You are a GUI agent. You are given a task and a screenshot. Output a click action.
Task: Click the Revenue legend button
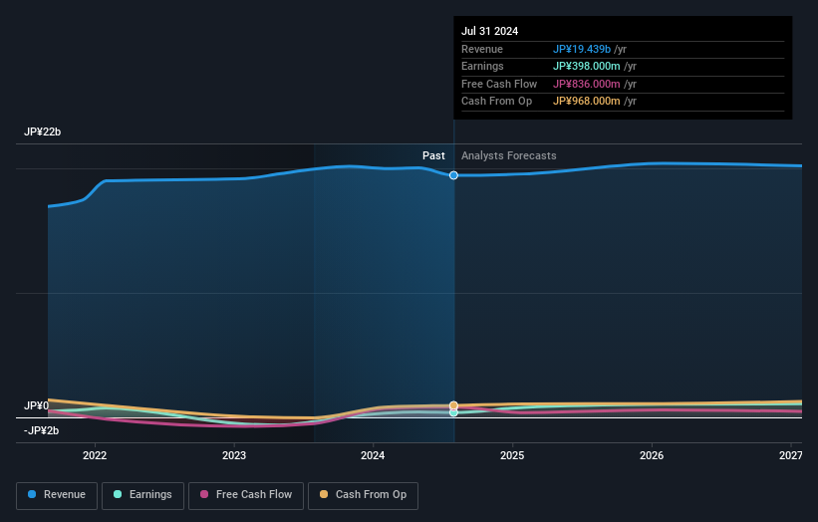57,495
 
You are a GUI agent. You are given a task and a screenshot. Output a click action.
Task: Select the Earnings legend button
142,495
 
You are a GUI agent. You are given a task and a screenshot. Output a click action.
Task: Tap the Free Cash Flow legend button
245,495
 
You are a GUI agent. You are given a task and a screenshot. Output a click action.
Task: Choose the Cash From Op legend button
363,495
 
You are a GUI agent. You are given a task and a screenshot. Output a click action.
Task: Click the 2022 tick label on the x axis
95,456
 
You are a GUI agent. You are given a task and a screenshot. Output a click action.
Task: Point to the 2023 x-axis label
234,456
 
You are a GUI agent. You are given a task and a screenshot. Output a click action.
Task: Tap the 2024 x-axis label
373,456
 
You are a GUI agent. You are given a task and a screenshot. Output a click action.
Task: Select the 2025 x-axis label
512,456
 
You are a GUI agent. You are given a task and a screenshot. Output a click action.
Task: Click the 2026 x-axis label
652,456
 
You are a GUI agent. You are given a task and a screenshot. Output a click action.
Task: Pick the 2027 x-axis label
790,456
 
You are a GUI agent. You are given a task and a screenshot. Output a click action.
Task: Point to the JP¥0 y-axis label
36,406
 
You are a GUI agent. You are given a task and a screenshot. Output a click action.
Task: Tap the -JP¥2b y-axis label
41,430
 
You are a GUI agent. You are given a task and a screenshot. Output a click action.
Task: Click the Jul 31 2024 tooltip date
489,32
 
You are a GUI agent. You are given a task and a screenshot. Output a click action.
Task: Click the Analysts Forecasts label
508,156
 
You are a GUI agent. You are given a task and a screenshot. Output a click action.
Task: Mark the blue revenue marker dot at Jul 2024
454,175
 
